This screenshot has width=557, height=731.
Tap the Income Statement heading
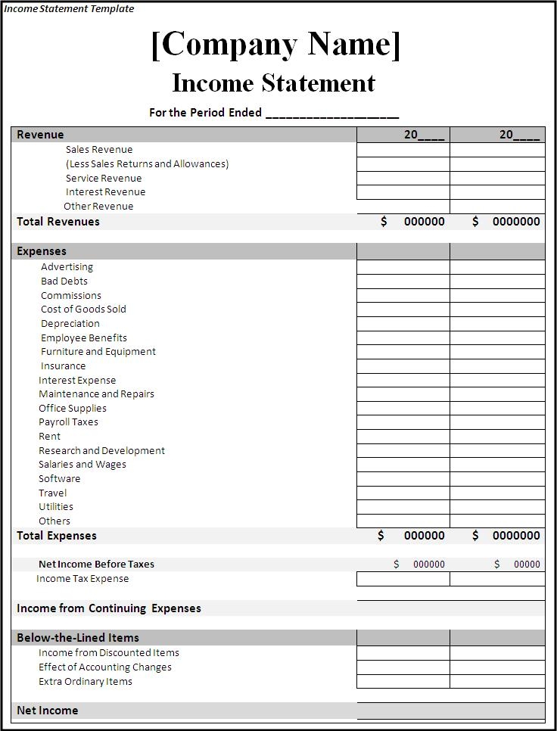(274, 82)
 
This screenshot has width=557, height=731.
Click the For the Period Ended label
(205, 113)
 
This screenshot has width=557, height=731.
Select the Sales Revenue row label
(99, 150)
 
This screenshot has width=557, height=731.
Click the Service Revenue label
(104, 178)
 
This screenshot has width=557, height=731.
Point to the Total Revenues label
(58, 222)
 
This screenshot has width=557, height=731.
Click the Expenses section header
(42, 251)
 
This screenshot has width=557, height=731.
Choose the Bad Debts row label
(64, 281)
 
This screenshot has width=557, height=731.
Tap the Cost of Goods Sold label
(83, 309)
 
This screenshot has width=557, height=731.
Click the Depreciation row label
(70, 323)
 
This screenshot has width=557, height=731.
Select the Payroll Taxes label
(68, 421)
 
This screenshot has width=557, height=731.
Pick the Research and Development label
(101, 450)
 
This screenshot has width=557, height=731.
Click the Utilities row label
(56, 506)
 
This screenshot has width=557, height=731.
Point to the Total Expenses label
(57, 536)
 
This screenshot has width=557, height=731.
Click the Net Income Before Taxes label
(96, 564)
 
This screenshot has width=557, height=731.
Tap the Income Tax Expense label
(82, 579)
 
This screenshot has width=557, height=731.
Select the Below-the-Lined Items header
(78, 638)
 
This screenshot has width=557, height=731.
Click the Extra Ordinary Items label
(86, 681)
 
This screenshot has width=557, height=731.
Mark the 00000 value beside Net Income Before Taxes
(527, 564)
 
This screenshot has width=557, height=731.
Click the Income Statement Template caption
(69, 9)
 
